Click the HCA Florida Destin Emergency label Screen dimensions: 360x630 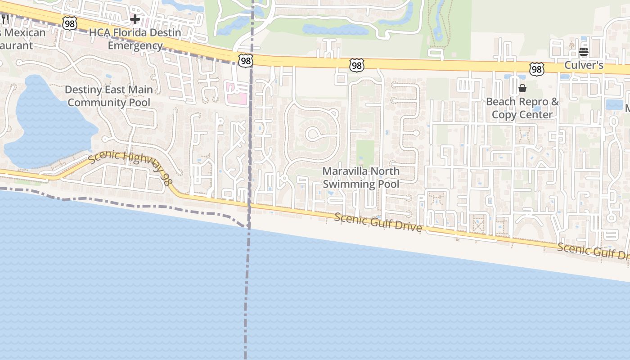[x=135, y=39]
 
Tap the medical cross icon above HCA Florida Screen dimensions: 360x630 [x=135, y=19]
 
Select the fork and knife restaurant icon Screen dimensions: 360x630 [x=5, y=19]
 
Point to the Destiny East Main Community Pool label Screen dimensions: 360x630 [x=108, y=96]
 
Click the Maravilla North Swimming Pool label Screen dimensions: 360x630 [x=361, y=178]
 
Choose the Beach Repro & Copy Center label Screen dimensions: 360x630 [x=522, y=108]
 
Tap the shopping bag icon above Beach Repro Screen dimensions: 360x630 [x=522, y=88]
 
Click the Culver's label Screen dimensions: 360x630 [x=584, y=65]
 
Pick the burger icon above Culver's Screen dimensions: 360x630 [x=584, y=51]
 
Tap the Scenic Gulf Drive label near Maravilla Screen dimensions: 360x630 [x=378, y=222]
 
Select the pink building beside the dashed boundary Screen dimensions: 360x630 [x=237, y=93]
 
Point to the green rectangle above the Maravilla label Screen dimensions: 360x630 [x=365, y=153]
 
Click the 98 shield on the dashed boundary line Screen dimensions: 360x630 [x=246, y=61]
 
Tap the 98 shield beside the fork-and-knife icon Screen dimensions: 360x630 [x=69, y=23]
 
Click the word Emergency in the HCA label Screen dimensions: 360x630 [x=135, y=45]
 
